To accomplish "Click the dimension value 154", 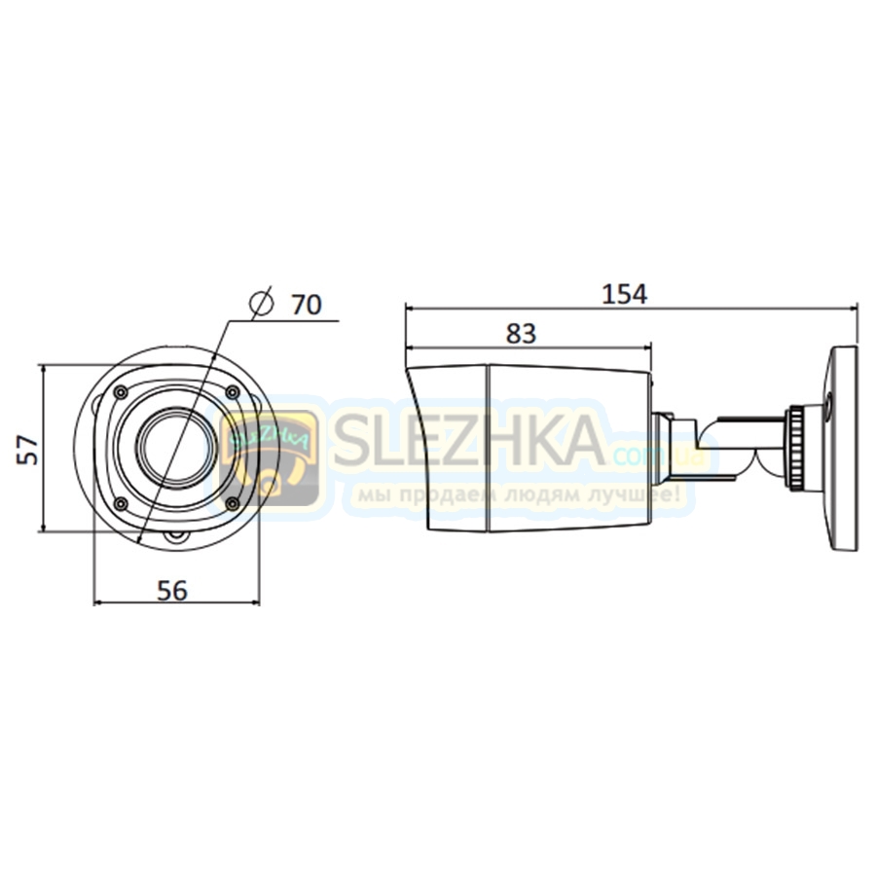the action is click(624, 294).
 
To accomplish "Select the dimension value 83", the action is click(521, 334).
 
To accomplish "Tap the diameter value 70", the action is click(307, 305).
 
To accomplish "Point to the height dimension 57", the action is click(28, 450).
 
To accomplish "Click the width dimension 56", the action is click(172, 591).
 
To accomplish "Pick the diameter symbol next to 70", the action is click(262, 304).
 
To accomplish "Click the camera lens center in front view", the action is click(176, 446).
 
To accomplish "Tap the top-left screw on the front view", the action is click(120, 393).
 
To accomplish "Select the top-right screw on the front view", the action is click(233, 393).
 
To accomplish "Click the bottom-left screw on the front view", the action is click(120, 504).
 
